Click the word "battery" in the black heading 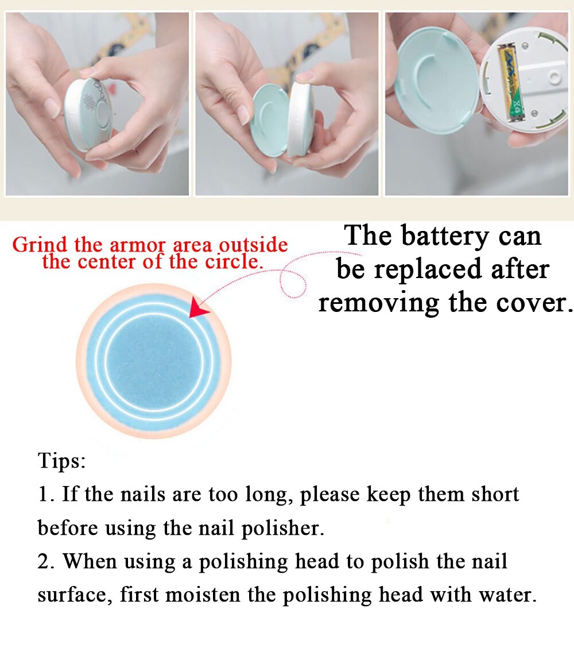click(x=441, y=236)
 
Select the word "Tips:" click(x=62, y=461)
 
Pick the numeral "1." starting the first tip click(x=46, y=494)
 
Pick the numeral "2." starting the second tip click(x=46, y=561)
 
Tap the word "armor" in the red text click(x=135, y=245)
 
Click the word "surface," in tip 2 click(x=75, y=595)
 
